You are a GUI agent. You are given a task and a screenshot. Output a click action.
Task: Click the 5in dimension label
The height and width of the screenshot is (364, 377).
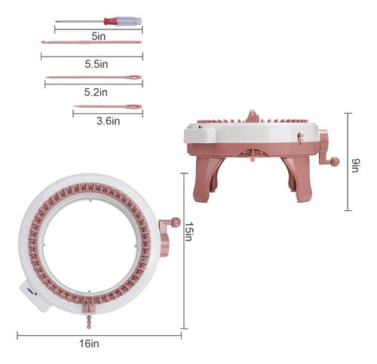click(98, 36)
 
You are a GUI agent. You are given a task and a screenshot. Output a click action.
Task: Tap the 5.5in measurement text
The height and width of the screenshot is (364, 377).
click(97, 64)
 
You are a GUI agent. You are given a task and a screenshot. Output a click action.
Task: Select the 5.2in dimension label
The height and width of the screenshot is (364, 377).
click(96, 92)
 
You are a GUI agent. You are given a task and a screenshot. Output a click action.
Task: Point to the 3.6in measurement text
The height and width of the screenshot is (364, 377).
click(108, 121)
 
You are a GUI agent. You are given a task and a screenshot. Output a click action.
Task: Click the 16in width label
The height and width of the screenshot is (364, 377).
click(89, 344)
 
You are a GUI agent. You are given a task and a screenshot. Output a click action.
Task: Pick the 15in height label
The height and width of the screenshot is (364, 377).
click(188, 231)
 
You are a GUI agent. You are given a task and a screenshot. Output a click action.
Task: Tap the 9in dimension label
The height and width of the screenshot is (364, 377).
click(356, 165)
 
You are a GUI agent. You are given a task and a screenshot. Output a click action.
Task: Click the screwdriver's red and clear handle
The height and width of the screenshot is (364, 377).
click(123, 21)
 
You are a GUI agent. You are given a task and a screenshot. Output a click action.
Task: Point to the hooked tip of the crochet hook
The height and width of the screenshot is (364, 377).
click(44, 42)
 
